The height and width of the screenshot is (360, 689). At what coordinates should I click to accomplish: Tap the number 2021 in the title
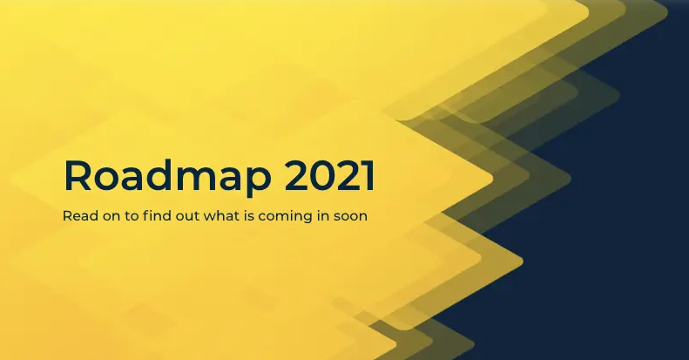tap(329, 176)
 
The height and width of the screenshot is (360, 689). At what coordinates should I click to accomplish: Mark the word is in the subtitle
tap(251, 216)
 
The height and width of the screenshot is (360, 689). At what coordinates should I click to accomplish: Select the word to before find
tap(131, 217)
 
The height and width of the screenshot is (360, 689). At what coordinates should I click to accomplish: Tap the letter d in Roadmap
tap(169, 176)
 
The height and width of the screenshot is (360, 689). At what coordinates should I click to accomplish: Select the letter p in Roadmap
tap(257, 182)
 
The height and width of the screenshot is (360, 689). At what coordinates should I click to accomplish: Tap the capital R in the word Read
tap(67, 216)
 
